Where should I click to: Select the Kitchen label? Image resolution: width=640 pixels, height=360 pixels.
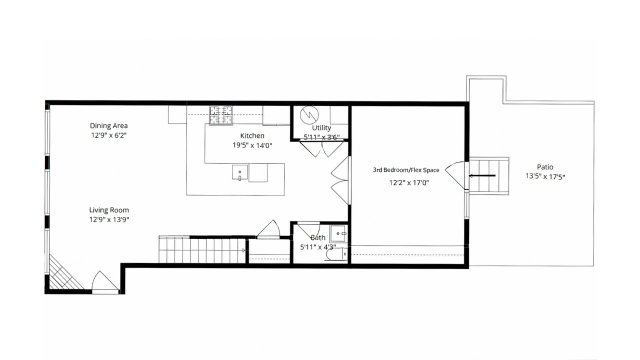(252, 135)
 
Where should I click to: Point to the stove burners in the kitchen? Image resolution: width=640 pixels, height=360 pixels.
(221, 115)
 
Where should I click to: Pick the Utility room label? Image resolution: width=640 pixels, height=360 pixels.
(321, 128)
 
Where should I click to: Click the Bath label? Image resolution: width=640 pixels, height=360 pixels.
(318, 237)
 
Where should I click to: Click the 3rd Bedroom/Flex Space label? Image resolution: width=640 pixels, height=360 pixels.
(406, 170)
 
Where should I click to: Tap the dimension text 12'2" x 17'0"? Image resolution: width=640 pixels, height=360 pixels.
(409, 182)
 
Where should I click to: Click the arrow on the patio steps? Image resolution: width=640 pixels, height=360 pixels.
(482, 175)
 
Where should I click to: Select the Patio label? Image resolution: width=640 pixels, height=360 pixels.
(545, 167)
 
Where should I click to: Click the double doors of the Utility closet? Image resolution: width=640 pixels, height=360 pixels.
(320, 148)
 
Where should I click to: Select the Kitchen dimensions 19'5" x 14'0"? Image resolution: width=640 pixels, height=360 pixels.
(252, 145)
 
